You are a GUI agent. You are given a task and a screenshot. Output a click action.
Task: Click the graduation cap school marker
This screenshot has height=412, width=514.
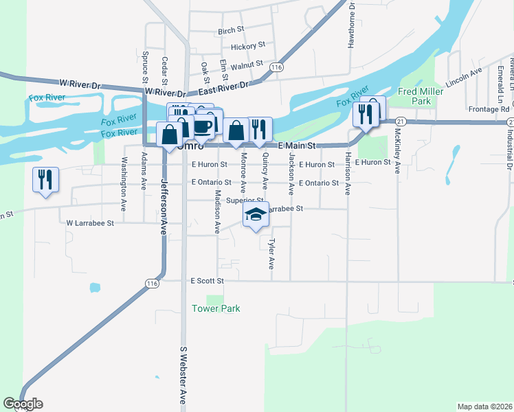tap(256, 216)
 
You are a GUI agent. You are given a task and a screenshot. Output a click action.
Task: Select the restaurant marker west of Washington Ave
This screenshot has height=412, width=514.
tap(45, 181)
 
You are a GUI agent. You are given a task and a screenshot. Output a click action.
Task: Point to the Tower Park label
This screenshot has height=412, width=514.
tap(216, 308)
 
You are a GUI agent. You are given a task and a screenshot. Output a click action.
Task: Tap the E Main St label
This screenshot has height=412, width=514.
tap(296, 146)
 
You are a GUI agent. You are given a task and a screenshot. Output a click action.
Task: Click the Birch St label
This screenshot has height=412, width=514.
tap(231, 31)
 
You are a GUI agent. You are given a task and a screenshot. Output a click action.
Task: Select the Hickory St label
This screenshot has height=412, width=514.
tap(248, 46)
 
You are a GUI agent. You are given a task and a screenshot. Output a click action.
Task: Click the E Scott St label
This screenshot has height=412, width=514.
tap(208, 281)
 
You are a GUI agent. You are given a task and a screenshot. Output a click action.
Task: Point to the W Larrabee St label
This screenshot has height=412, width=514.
tap(90, 223)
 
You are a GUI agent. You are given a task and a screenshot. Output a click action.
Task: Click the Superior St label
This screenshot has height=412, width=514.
tap(245, 201)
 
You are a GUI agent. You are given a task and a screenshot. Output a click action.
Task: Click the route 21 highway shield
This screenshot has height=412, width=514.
tap(401, 122)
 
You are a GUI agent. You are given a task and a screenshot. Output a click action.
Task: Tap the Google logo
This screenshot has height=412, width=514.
tap(23, 403)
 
